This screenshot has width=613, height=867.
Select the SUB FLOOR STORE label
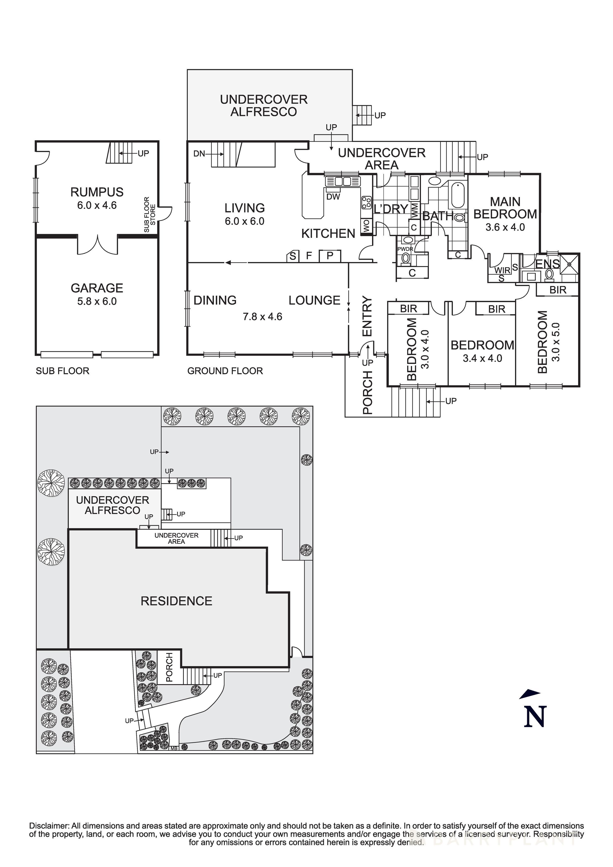(x=150, y=215)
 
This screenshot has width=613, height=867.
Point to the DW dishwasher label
(x=333, y=197)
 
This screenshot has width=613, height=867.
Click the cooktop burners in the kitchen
(x=366, y=203)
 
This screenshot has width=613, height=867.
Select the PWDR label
(x=405, y=249)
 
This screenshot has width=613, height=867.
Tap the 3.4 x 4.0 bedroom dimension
(x=482, y=358)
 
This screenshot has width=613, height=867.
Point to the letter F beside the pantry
(x=309, y=256)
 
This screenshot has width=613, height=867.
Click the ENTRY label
(x=367, y=316)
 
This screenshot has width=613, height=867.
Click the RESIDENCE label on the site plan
(x=176, y=601)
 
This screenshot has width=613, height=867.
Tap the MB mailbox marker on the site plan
(x=174, y=748)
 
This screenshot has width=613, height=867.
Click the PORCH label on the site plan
(x=169, y=667)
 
